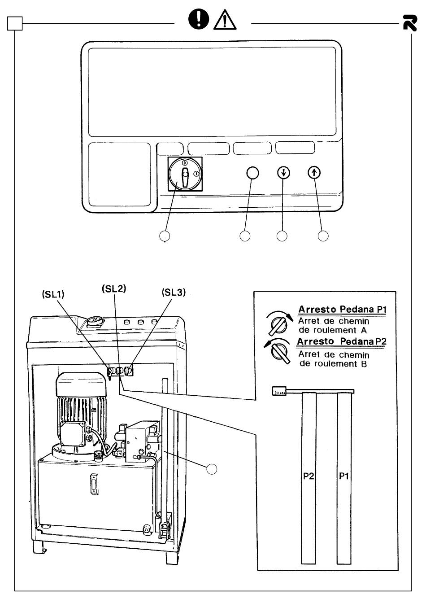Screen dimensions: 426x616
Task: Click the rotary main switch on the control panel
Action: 185,174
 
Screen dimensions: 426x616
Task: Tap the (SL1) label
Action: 53,294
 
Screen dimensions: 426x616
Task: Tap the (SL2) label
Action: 114,289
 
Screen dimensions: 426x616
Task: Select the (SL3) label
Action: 174,292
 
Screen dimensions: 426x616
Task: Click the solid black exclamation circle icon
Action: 199,19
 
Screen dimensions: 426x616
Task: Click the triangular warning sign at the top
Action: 225,20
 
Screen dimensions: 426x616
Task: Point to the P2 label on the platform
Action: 309,476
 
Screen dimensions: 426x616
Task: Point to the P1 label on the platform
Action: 343,476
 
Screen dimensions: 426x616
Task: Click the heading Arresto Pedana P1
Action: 343,310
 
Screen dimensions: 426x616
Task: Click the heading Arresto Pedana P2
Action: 342,341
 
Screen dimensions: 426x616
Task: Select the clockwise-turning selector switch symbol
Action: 278,323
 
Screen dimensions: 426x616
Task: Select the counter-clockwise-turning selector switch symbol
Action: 278,351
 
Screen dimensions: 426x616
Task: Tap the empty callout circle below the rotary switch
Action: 165,236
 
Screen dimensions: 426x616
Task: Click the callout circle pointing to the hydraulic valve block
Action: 211,469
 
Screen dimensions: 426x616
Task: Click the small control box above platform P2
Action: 279,391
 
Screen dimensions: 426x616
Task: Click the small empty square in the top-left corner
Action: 15,23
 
